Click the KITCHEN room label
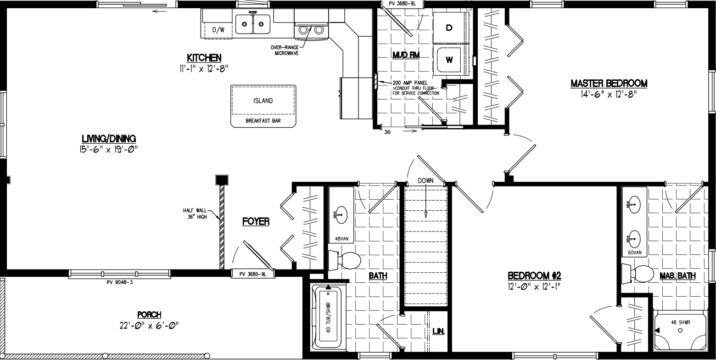click(204, 58)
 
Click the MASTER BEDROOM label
click(609, 84)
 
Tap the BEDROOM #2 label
click(534, 276)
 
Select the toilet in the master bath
click(638, 274)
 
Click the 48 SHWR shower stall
click(680, 330)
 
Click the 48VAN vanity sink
click(341, 214)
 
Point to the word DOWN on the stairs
click(425, 180)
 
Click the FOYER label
click(256, 222)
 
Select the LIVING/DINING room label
click(109, 139)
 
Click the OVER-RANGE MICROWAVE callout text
click(286, 50)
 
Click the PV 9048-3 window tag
click(119, 282)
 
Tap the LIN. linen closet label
click(438, 331)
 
